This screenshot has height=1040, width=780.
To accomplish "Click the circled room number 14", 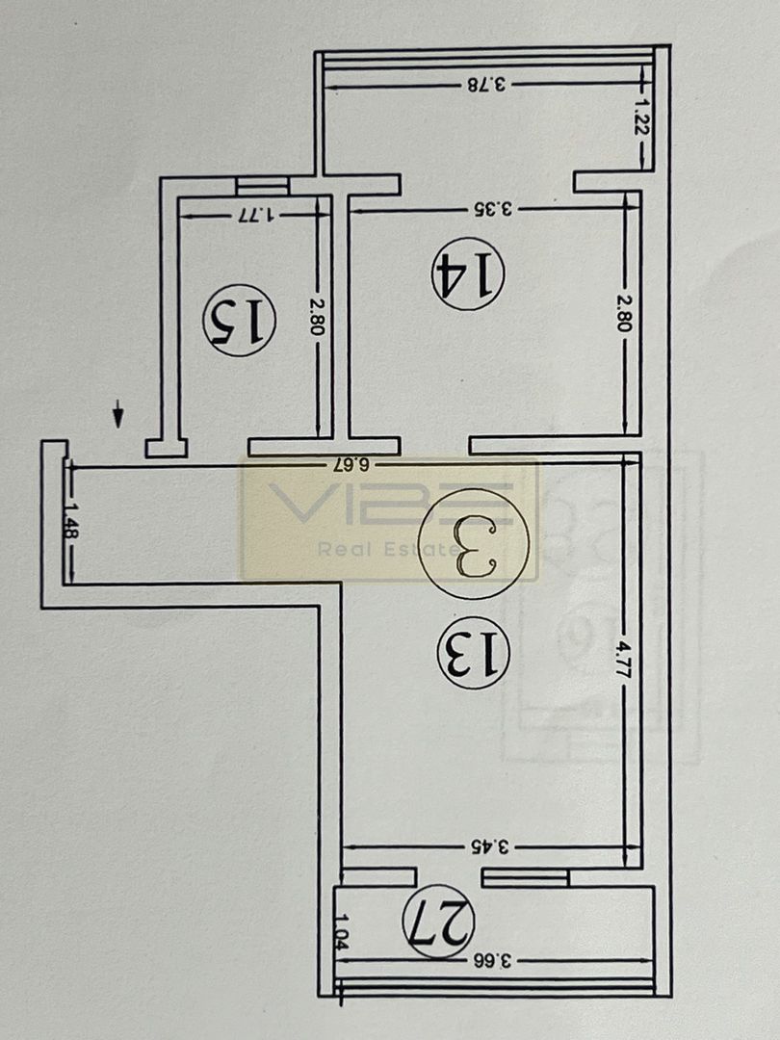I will click(x=467, y=276).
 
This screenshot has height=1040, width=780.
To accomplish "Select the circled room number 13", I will click(x=472, y=653).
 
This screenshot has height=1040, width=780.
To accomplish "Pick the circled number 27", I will click(x=439, y=923).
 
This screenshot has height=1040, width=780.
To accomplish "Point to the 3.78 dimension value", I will click(x=486, y=84).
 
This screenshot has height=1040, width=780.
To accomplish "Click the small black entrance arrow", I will click(x=118, y=415).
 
